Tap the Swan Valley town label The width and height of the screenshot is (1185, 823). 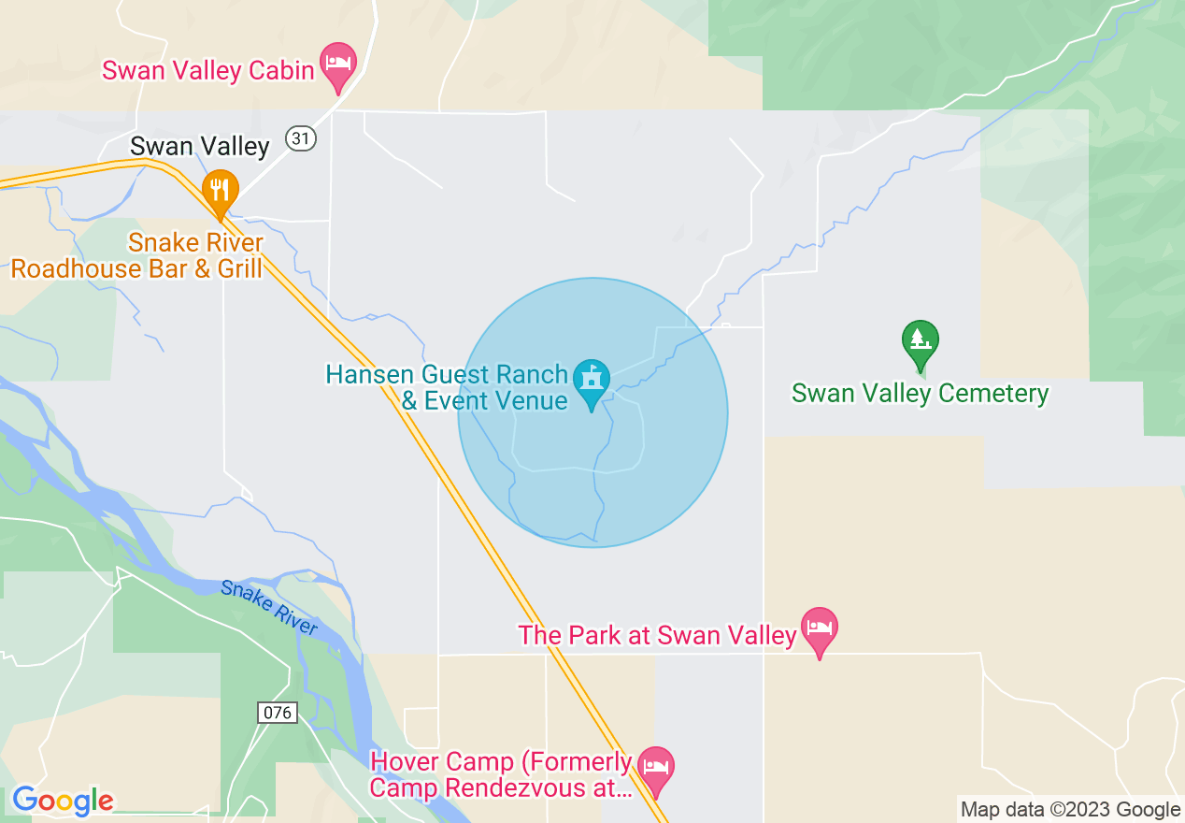coord(199,146)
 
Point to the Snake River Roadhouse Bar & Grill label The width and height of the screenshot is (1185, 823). coord(136,256)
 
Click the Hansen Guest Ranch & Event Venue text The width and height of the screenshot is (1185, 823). coord(447,388)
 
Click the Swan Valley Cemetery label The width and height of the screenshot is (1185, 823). coord(920,394)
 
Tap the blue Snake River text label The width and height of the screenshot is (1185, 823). coord(270,609)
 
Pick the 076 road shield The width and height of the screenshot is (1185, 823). coord(278,713)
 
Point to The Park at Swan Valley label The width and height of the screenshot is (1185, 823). coord(657,636)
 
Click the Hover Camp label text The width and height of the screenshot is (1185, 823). coord(502,774)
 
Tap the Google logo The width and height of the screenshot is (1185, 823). coord(63,801)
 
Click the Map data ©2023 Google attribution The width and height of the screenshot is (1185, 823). coord(1070,810)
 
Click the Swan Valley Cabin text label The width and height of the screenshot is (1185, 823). coord(208,70)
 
